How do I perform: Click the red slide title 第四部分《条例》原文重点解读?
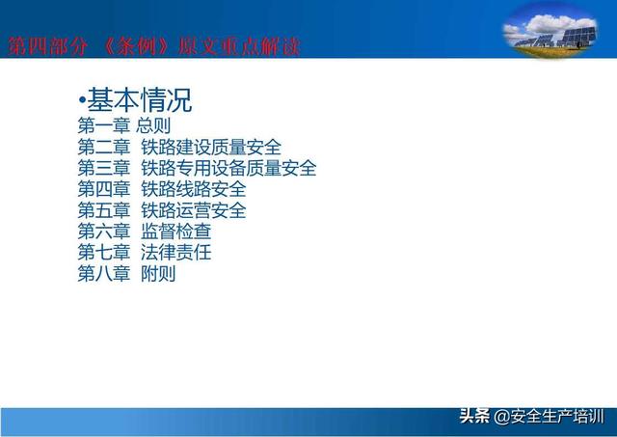[x=154, y=47]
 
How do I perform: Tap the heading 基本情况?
[x=139, y=100]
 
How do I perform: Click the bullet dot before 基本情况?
[x=82, y=100]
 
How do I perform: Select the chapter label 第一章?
[x=104, y=125]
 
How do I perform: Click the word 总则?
[x=153, y=125]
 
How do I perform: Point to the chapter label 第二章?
[x=104, y=147]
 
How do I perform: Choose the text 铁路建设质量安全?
[x=211, y=147]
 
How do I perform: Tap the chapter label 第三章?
[x=104, y=168]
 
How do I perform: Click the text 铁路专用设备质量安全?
[x=228, y=168]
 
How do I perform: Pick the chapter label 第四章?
[x=104, y=189]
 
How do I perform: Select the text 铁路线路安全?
[x=194, y=189]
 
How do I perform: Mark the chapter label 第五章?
[x=104, y=210]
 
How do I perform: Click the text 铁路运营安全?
[x=194, y=210]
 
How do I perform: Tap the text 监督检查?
[x=175, y=232]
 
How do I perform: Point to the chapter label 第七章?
[x=104, y=253]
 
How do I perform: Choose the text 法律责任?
[x=175, y=253]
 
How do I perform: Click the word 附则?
[x=158, y=274]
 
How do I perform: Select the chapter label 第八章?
[x=104, y=274]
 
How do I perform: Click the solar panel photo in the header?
[x=550, y=31]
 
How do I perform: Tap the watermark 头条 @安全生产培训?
[x=531, y=417]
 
